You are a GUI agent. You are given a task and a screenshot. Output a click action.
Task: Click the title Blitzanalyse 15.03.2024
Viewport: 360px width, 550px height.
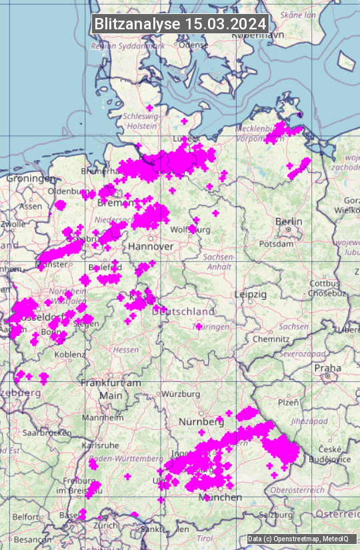tap(180, 24)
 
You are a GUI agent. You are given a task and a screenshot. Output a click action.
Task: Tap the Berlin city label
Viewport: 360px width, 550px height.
tap(289, 221)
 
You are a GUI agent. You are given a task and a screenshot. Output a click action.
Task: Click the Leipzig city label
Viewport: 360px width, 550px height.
tap(251, 294)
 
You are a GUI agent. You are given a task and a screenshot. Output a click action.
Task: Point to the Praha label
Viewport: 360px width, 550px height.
tap(328, 367)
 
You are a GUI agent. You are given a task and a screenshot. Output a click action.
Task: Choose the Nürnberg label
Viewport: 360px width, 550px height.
tap(201, 422)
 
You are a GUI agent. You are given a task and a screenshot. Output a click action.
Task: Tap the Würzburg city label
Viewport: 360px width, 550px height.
tap(181, 394)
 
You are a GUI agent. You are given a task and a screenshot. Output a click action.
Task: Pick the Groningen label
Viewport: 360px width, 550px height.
tap(31, 179)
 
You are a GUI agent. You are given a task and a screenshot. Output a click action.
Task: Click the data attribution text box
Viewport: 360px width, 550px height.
tap(298, 539)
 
